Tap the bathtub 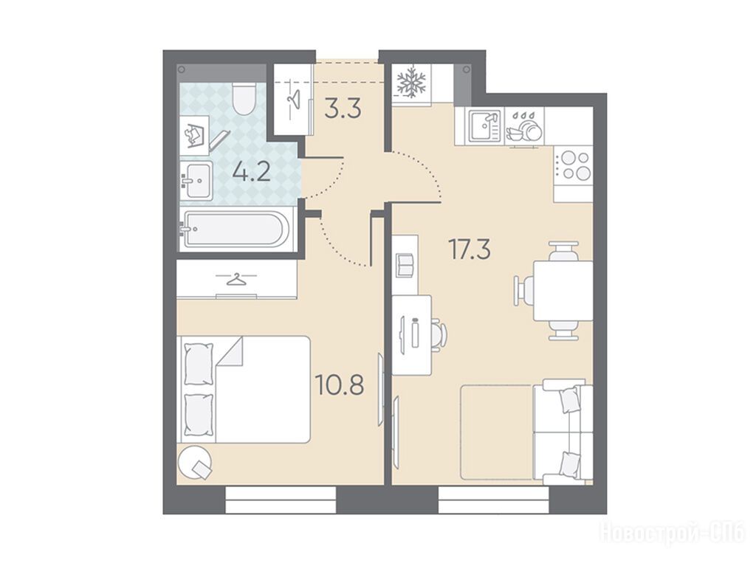[236, 229]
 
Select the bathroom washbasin [196, 181]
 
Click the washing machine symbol [194, 136]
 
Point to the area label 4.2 [251, 172]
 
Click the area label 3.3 [343, 109]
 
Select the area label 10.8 [339, 384]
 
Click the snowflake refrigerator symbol [410, 82]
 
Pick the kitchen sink [485, 125]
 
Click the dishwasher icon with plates [524, 126]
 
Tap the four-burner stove [573, 166]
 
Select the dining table [563, 291]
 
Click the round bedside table [194, 462]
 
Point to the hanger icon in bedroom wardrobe [236, 279]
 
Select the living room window [494, 500]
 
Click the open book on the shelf [405, 265]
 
